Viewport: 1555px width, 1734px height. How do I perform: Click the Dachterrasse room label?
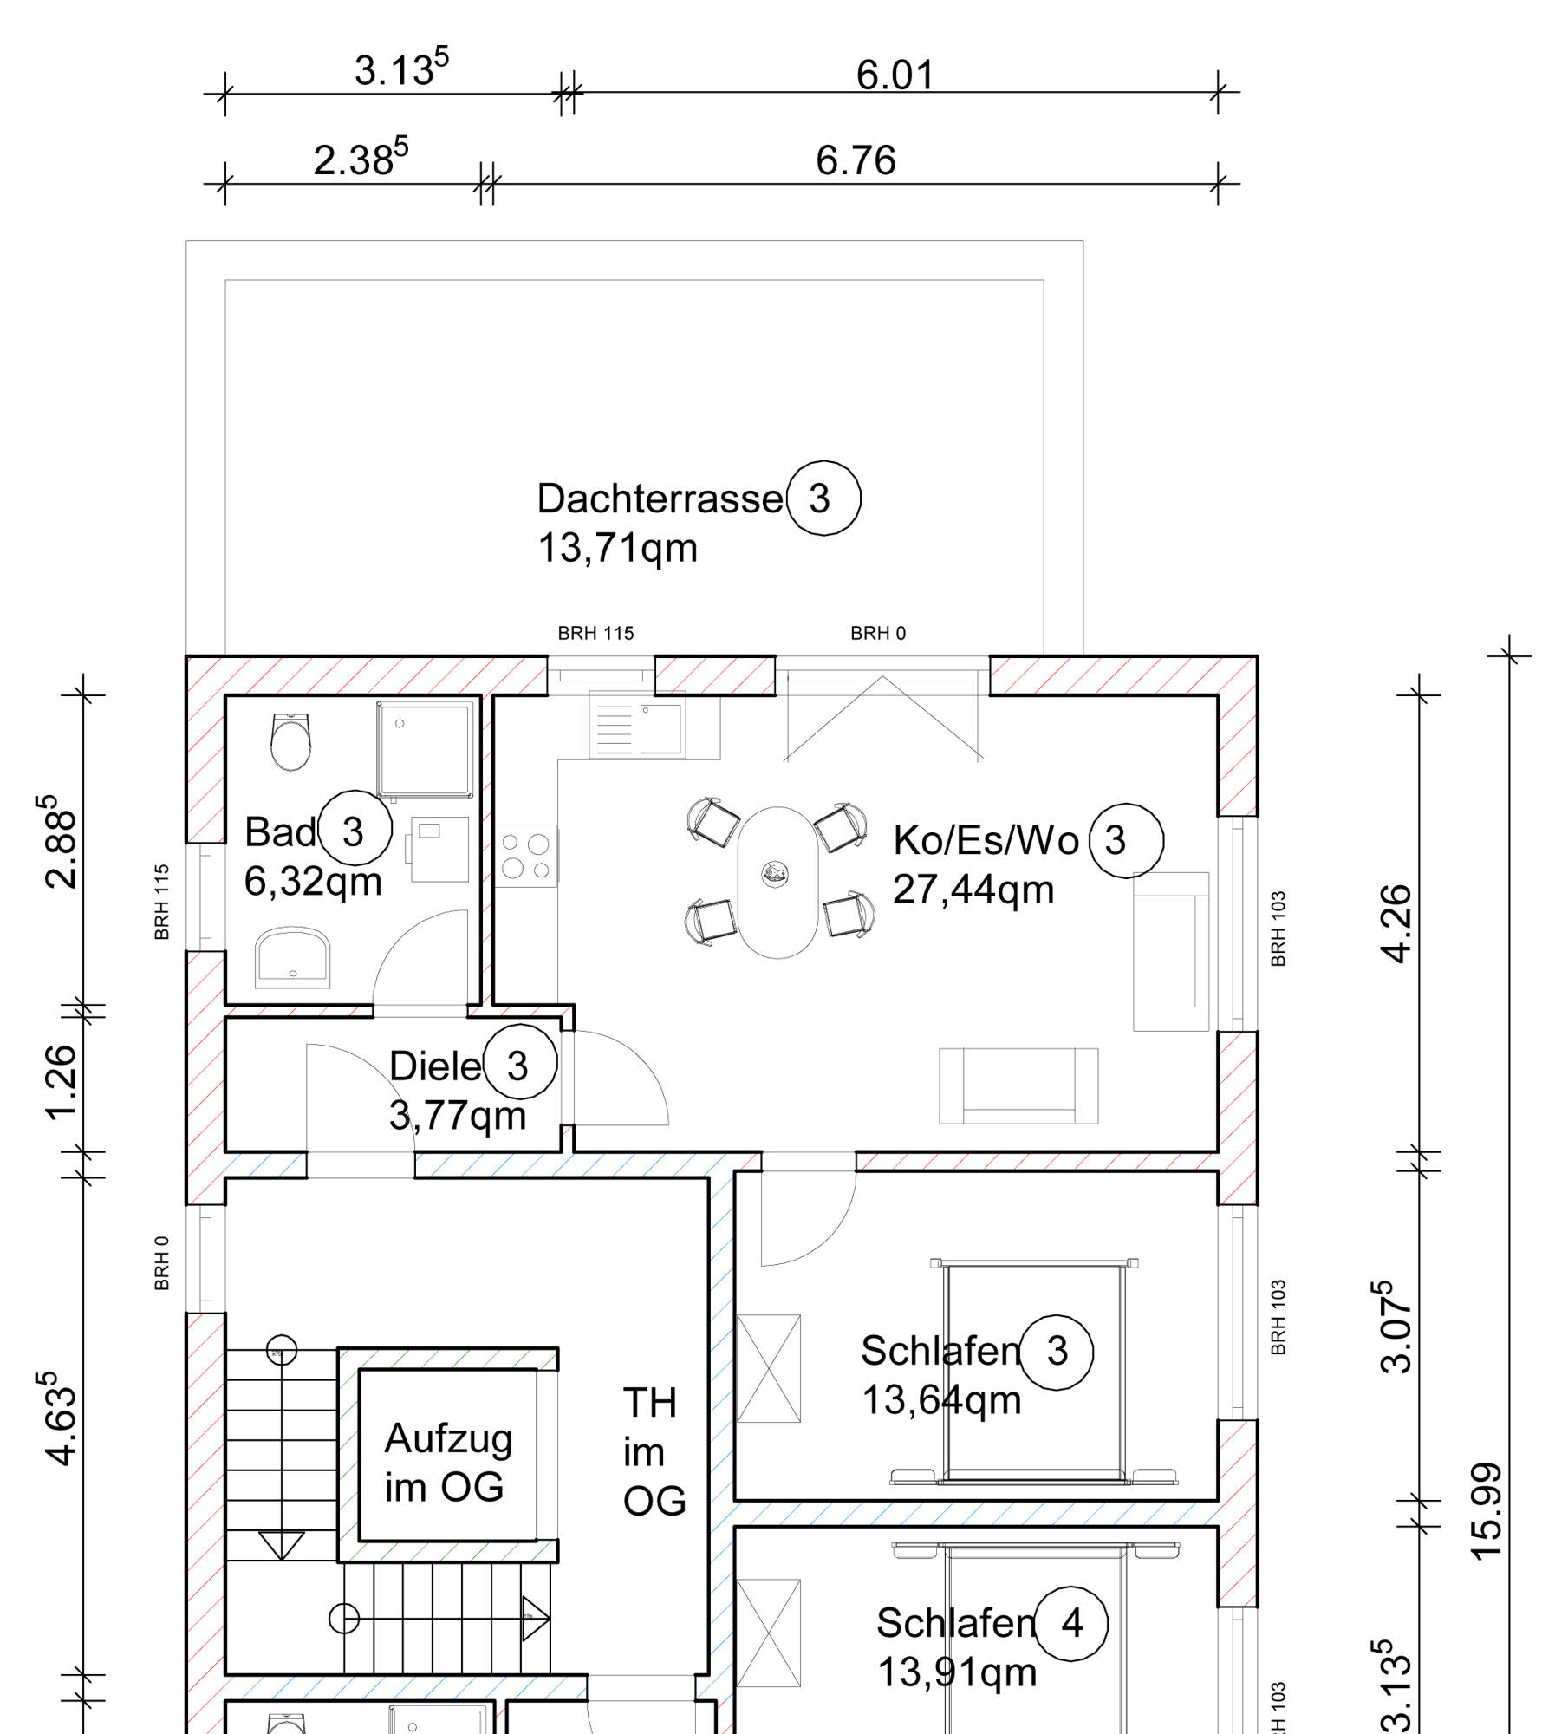660,499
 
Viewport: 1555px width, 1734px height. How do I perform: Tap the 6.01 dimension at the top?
895,75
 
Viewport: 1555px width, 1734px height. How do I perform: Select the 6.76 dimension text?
856,160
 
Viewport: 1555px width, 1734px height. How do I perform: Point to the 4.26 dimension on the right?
1396,924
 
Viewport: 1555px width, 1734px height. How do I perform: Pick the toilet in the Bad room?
290,742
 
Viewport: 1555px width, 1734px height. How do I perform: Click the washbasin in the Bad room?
293,958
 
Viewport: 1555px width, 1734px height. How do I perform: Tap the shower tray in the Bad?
426,749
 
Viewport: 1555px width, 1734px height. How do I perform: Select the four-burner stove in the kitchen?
526,856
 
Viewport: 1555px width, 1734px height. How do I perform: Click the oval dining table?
777,883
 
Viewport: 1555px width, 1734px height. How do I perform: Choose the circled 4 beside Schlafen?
1071,1623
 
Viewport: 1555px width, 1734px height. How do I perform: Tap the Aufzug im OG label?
447,1464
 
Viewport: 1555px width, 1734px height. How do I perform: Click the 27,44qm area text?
973,890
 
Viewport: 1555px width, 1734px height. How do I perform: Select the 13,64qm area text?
941,1400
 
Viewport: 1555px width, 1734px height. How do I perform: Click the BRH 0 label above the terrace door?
878,634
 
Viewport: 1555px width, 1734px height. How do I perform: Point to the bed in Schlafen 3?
1034,1372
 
